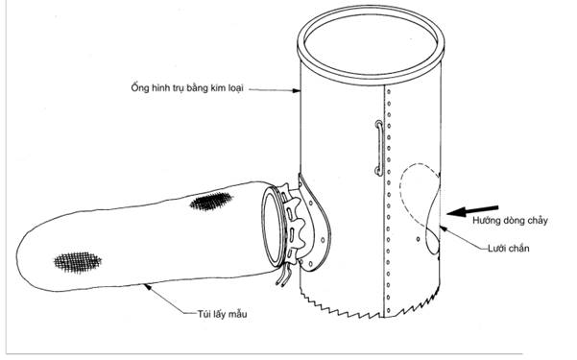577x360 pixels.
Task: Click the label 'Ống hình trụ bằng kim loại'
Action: coord(187,87)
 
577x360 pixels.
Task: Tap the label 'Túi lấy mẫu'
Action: coord(222,314)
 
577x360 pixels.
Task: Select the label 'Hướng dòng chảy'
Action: coord(510,221)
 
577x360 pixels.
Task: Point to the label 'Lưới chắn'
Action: coord(509,249)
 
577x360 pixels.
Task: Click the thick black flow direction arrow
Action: coord(472,211)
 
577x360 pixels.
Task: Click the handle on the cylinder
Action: coord(379,148)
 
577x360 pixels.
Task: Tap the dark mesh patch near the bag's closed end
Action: coord(78,262)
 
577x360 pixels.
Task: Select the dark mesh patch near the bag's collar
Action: coord(211,202)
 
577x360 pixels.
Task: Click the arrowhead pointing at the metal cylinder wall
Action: coord(297,90)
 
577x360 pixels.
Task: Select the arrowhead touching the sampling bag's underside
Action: coord(147,286)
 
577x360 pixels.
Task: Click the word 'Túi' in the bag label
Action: coord(204,314)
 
